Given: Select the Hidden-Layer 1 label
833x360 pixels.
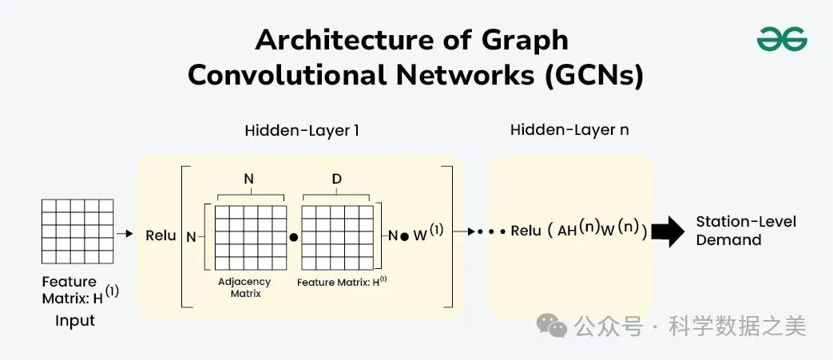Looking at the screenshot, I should (301, 130).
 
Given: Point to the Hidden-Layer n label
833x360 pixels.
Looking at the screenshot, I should (569, 129).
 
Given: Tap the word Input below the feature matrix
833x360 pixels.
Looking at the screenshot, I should (75, 321).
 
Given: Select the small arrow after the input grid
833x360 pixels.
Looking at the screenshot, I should (125, 234).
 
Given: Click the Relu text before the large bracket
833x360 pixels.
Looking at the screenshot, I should (161, 235).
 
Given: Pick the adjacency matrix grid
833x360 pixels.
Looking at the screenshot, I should (250, 238).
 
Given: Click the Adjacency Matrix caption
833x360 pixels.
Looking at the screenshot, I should (244, 287).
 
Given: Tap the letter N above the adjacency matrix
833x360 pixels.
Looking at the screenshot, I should (248, 180).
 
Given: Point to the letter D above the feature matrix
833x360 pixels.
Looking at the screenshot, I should (336, 180).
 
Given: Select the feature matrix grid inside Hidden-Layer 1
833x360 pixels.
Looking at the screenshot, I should (338, 238).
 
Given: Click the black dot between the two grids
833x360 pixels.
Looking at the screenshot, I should (294, 238).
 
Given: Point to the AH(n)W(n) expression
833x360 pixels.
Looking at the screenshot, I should (600, 230).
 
